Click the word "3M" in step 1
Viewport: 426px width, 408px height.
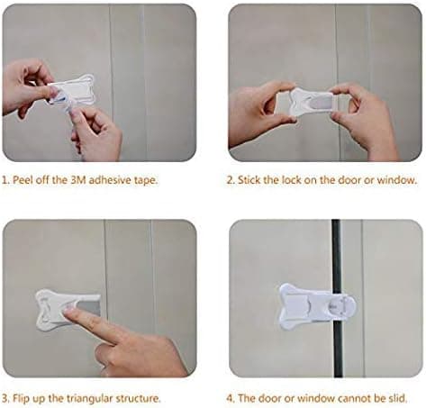78,180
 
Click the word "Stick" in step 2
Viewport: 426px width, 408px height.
249,180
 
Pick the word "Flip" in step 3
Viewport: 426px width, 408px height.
21,399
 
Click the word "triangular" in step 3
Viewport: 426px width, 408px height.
89,399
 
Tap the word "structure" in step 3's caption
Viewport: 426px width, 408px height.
138,399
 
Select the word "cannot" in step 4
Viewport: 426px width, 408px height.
354,399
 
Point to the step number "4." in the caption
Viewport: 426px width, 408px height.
231,399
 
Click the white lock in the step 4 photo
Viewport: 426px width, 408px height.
318,306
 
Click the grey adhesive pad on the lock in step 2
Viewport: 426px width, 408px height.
321,103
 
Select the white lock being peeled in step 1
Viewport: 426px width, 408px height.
71,90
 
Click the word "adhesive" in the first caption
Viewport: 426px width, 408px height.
110,180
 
